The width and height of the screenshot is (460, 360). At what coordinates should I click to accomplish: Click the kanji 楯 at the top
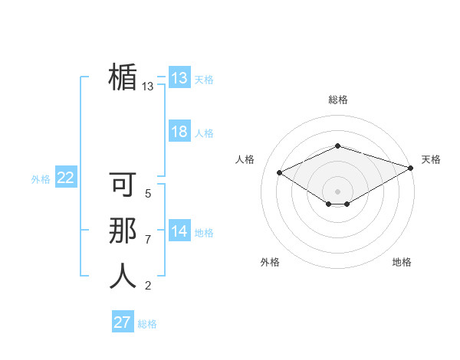(x=123, y=77)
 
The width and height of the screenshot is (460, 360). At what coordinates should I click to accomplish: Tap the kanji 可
(x=123, y=186)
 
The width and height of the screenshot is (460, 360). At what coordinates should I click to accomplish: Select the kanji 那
(x=123, y=231)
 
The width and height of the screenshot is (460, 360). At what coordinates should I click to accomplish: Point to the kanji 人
(x=123, y=277)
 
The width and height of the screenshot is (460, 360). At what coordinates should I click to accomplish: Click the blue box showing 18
(x=179, y=132)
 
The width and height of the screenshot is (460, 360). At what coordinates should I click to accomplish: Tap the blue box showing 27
(x=123, y=322)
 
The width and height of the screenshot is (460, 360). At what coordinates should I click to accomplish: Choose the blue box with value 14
(x=179, y=231)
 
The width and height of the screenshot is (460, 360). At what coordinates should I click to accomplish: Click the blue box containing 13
(x=179, y=78)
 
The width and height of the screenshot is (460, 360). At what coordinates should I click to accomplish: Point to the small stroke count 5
(x=148, y=195)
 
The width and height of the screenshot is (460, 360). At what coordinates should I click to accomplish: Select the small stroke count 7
(x=148, y=240)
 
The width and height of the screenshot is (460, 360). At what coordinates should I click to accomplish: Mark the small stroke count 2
(x=148, y=286)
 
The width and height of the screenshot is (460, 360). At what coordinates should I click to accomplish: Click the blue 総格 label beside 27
(x=147, y=324)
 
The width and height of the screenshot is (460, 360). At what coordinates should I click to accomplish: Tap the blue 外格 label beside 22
(x=41, y=179)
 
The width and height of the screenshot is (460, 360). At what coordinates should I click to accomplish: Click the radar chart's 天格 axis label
(x=431, y=159)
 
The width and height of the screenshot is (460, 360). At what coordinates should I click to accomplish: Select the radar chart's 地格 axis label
(x=402, y=262)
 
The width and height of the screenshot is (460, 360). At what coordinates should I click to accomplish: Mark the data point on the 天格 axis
(x=412, y=169)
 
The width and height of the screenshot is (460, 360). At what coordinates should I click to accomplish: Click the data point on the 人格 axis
(x=280, y=173)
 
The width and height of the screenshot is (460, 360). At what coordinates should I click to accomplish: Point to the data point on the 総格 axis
(x=337, y=146)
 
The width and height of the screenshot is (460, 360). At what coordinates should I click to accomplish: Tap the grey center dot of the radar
(x=337, y=191)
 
